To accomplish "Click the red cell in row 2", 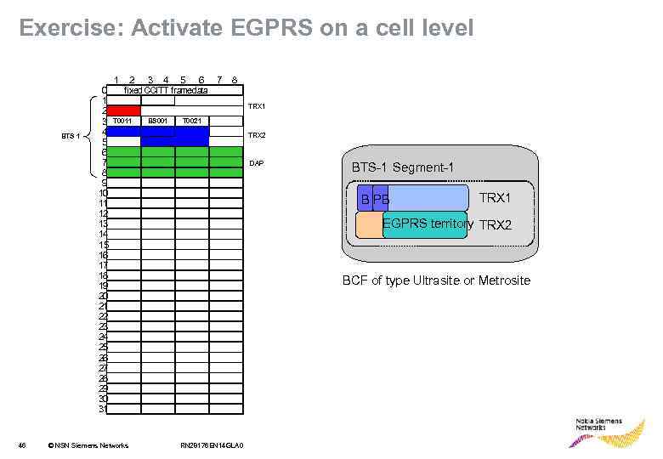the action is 123,110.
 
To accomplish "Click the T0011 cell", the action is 123,122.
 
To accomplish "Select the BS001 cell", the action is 157,122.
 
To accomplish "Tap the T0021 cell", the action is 191,122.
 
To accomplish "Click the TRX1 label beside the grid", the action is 257,106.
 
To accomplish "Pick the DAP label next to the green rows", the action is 256,162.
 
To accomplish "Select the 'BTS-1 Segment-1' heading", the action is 402,167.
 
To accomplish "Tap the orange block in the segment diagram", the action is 369,224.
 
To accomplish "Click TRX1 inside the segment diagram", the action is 495,198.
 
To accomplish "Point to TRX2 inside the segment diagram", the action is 495,225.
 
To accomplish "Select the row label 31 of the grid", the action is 103,409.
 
